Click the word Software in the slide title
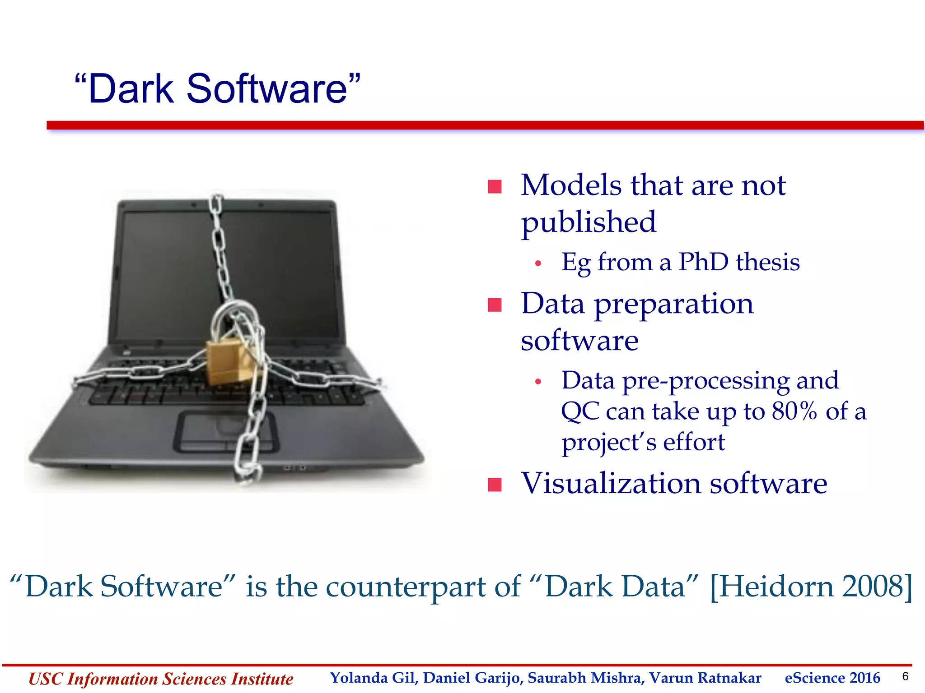tap(266, 89)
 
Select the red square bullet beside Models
tap(495, 186)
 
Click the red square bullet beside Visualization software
tap(495, 485)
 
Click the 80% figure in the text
tap(794, 411)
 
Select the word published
tap(588, 222)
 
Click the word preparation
tap(673, 304)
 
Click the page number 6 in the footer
tap(905, 676)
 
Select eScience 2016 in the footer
tap(832, 678)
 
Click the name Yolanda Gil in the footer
tap(372, 678)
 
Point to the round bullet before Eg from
tap(537, 263)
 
